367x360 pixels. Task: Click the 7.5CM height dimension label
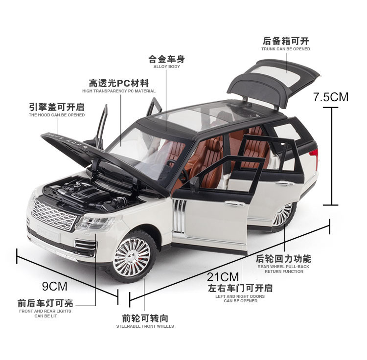(331, 96)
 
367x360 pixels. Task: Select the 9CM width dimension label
(55, 285)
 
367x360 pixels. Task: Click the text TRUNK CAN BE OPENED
(286, 49)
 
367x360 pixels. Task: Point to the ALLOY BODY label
(166, 67)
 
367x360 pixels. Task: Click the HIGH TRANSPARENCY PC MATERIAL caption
(119, 91)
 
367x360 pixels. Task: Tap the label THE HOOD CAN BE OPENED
(57, 115)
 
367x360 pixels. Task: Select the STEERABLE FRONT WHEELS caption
(145, 326)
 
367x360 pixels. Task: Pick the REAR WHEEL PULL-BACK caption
(284, 267)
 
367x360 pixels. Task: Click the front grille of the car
(53, 215)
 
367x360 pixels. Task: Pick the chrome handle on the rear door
(285, 183)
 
